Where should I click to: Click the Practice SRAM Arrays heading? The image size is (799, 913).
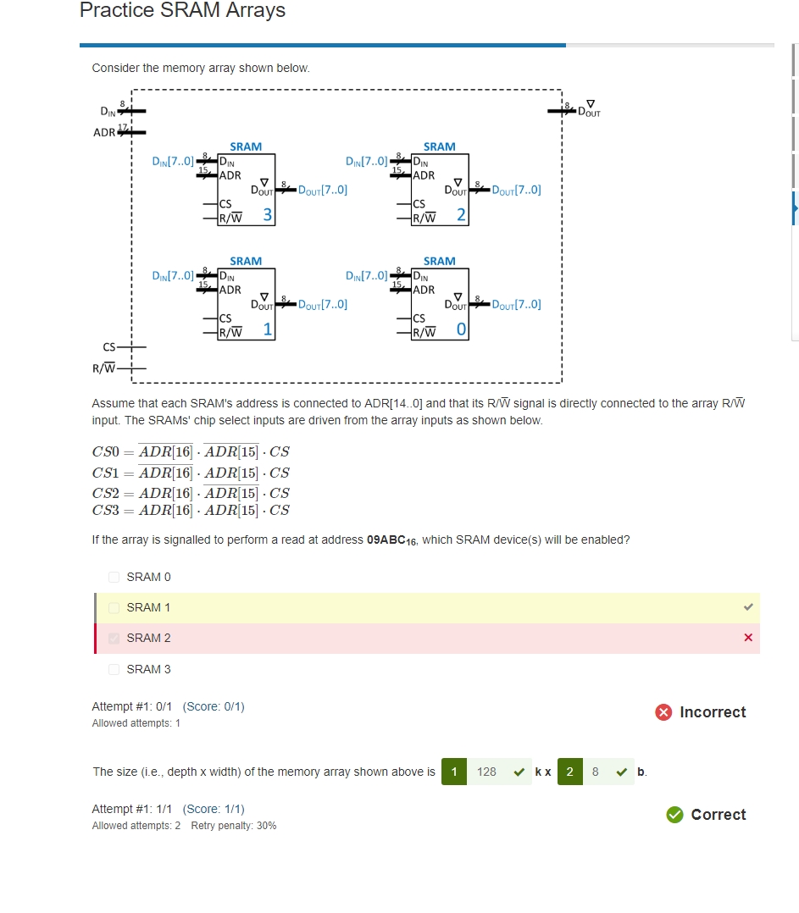(x=182, y=11)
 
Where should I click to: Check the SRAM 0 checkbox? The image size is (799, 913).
(x=114, y=577)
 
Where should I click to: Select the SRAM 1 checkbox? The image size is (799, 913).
(x=114, y=607)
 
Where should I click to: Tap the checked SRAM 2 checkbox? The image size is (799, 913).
(x=114, y=638)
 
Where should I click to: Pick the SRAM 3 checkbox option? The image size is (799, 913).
(x=114, y=669)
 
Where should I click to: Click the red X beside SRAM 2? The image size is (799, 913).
(x=747, y=638)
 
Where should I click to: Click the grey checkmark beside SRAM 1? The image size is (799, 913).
(x=747, y=607)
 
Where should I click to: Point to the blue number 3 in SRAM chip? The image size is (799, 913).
(x=267, y=215)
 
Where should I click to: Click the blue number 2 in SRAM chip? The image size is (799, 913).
(x=460, y=215)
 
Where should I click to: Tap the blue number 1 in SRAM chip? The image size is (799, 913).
(x=267, y=329)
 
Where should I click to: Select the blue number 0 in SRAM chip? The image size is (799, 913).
(x=460, y=329)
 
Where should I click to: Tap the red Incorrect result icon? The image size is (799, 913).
(x=664, y=712)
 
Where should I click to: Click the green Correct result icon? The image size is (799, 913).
(x=674, y=815)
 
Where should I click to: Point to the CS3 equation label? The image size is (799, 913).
(x=108, y=510)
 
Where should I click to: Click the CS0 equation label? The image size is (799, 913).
(x=108, y=452)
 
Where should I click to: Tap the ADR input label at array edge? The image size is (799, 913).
(x=104, y=133)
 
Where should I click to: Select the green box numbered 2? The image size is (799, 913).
(x=569, y=772)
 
